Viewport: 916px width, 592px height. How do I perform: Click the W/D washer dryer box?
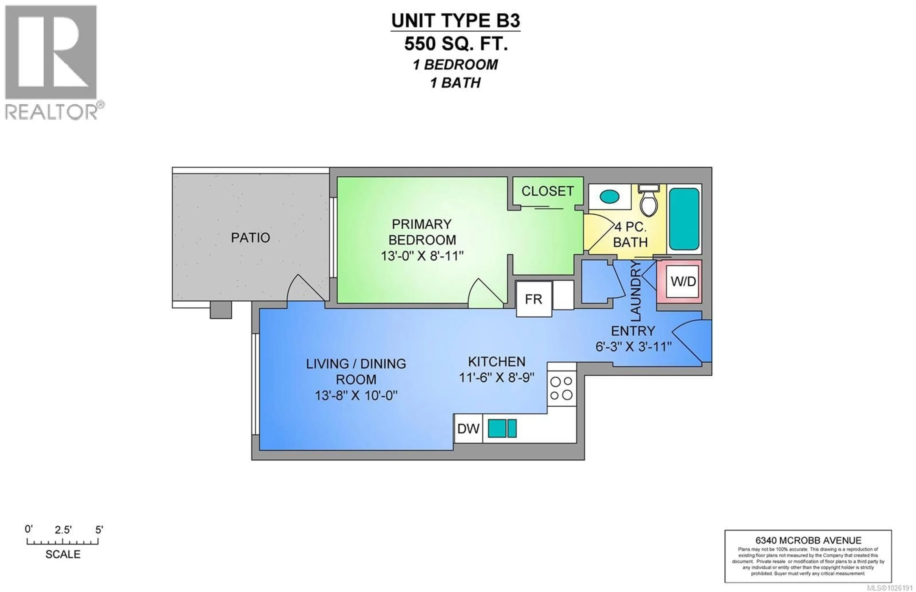click(683, 281)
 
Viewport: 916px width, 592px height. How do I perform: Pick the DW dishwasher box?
click(468, 429)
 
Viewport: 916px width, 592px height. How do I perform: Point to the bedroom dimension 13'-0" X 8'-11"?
click(422, 256)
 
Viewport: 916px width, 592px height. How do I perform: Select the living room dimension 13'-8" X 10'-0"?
click(356, 395)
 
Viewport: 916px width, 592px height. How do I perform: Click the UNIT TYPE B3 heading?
click(456, 21)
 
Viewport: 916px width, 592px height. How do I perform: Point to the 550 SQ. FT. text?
click(456, 44)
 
